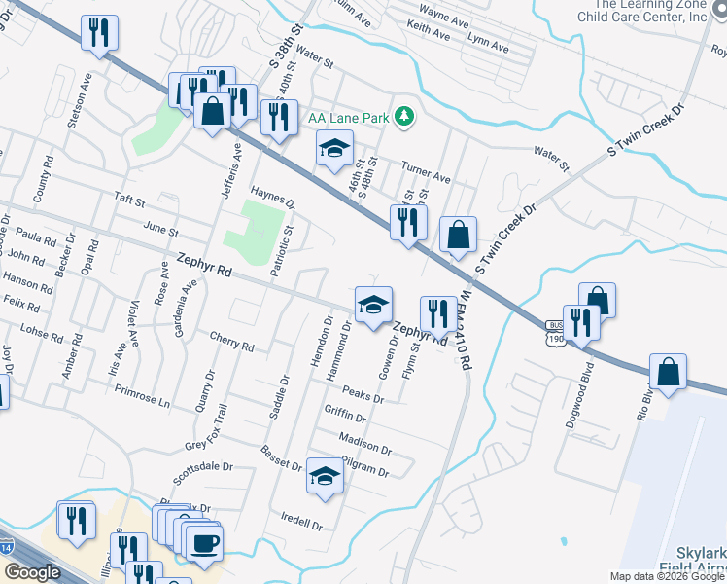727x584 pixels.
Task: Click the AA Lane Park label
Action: pos(348,118)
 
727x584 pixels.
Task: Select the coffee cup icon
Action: pos(204,544)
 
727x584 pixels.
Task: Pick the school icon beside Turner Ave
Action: pos(333,149)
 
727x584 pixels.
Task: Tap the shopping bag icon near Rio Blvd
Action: pos(668,373)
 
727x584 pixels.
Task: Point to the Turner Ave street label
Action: pos(429,179)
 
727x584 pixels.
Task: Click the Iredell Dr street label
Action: pos(300,519)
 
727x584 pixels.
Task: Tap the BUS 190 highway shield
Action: pos(555,332)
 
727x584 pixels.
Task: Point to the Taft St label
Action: pos(128,202)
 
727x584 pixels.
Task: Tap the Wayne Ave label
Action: pos(442,13)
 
